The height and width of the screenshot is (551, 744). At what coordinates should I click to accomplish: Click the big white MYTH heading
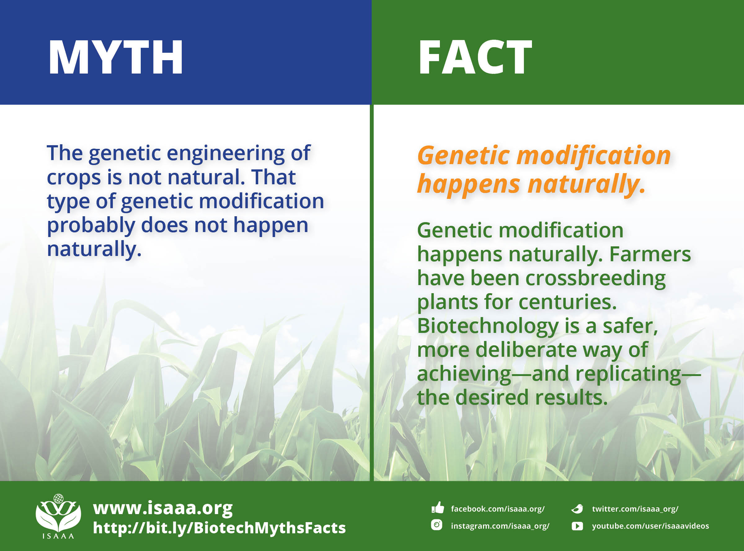(x=116, y=57)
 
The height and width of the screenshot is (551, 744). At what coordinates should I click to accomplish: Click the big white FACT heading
(x=475, y=57)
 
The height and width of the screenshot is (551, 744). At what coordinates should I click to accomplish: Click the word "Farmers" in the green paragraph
(x=650, y=254)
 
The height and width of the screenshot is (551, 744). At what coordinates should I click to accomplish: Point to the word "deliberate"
(x=526, y=350)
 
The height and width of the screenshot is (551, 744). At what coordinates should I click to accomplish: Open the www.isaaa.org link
(x=163, y=508)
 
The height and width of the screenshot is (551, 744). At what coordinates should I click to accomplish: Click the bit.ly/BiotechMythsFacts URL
(x=219, y=528)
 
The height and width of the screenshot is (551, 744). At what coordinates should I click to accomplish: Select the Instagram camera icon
(x=436, y=525)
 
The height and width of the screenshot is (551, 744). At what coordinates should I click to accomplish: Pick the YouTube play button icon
(x=577, y=526)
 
